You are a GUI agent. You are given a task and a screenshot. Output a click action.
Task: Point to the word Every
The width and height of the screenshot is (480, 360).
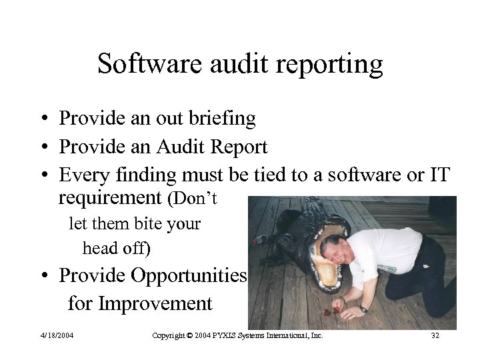click(x=83, y=175)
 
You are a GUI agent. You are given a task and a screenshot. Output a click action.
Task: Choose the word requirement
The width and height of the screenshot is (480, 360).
click(x=110, y=197)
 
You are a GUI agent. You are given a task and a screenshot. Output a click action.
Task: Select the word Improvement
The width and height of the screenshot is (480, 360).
click(x=155, y=304)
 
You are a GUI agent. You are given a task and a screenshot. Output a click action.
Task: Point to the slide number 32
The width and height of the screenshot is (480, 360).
click(x=435, y=335)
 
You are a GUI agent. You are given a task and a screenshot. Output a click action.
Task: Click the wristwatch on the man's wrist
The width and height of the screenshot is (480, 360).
click(x=363, y=308)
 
